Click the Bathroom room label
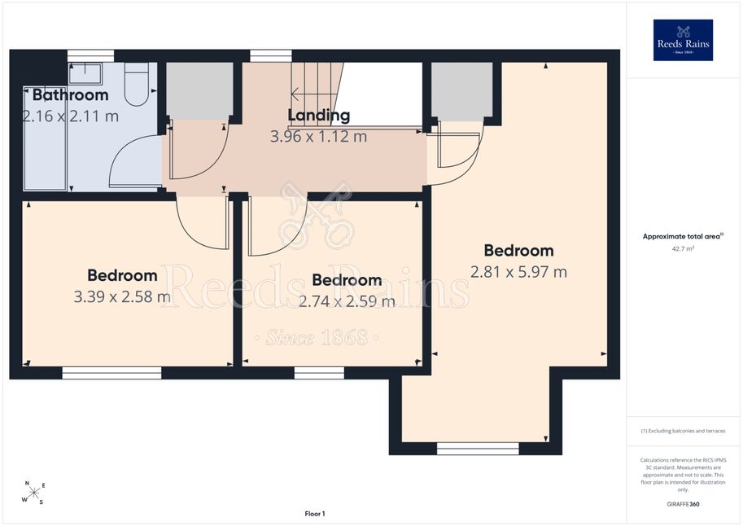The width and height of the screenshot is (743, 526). (x=71, y=95)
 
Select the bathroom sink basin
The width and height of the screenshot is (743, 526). (x=85, y=74)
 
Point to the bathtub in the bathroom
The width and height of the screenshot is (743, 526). (x=45, y=138)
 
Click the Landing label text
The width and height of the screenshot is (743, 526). (x=319, y=116)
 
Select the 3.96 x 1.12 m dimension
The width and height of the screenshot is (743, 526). (x=318, y=137)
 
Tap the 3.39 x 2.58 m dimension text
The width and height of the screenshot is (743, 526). (x=122, y=296)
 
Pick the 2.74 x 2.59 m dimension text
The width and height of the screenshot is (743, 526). (x=347, y=301)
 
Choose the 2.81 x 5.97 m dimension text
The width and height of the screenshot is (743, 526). (x=519, y=272)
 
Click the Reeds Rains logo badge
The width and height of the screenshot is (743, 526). (x=683, y=41)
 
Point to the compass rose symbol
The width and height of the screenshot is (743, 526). (x=33, y=493)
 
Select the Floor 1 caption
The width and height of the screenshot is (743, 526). (x=315, y=514)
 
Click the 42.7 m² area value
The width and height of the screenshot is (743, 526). (x=683, y=248)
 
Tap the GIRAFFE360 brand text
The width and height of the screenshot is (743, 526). (x=683, y=504)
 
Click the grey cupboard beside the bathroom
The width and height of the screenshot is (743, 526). (x=199, y=90)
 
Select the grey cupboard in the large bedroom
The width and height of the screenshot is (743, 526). (x=462, y=91)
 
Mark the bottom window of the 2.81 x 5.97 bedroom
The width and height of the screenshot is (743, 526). (x=478, y=449)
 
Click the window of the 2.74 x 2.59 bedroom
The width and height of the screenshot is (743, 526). (x=319, y=373)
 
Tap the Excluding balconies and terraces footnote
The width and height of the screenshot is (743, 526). (x=683, y=431)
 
